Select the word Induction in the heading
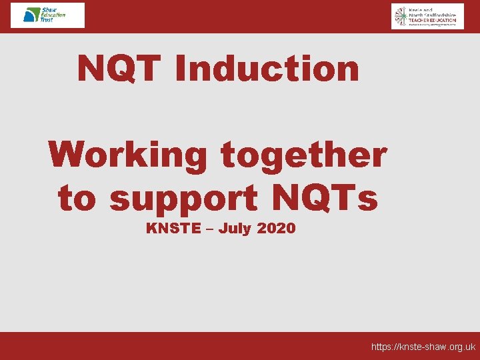[x=266, y=68]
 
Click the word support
[x=183, y=199]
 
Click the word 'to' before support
[x=78, y=199]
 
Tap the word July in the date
[x=235, y=229]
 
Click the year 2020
[x=276, y=229]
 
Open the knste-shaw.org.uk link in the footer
[x=423, y=347]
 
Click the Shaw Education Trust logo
[x=47, y=15]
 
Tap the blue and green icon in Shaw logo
[x=31, y=15]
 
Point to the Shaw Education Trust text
[x=53, y=15]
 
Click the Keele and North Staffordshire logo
[x=427, y=16]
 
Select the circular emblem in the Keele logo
[x=400, y=16]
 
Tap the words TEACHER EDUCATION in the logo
[x=433, y=21]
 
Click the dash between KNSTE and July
[x=210, y=229]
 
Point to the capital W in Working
[x=69, y=155]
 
